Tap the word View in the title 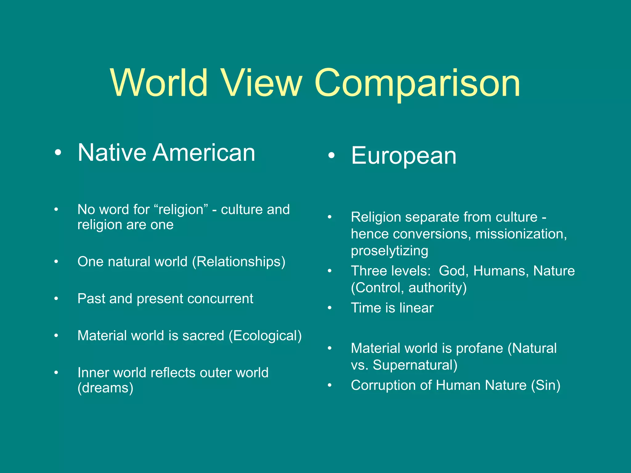coord(262,83)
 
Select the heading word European coord(404,156)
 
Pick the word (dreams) coord(105,388)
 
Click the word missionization coord(521,234)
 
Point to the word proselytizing coord(389,251)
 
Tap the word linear coord(416,308)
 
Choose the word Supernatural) coord(415,365)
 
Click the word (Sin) coord(545,386)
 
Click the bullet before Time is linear coord(330,308)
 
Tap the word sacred coord(203,336)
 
